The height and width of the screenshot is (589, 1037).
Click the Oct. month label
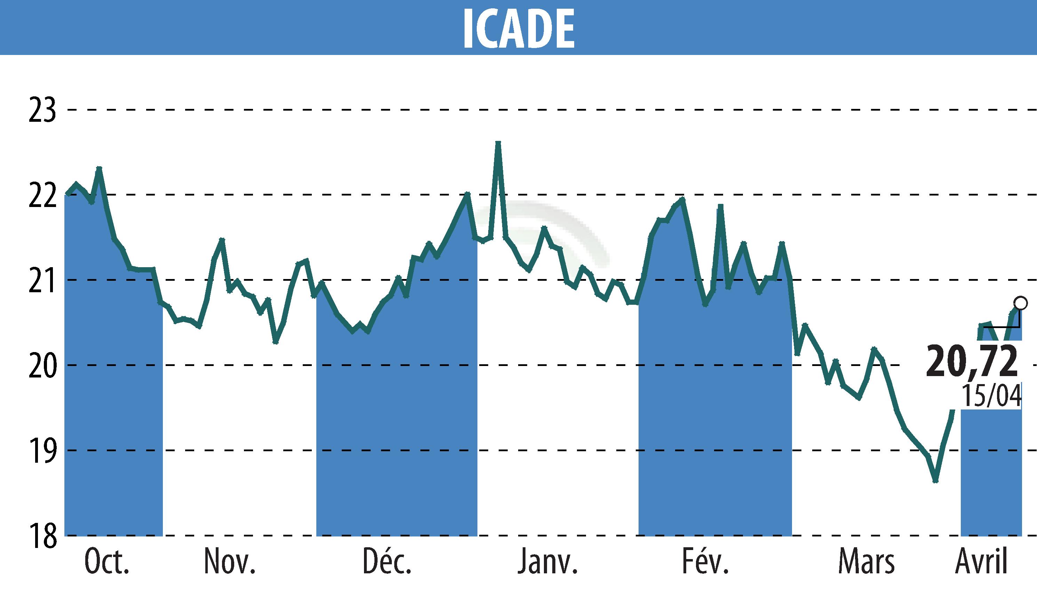coord(107,563)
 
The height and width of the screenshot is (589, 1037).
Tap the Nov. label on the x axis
coord(230,563)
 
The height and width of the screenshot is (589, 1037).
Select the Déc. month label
coord(387,563)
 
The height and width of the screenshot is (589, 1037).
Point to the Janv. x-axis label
coord(547,563)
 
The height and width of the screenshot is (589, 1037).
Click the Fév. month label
coord(706,563)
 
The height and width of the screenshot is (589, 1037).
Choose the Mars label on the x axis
coord(866,563)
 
